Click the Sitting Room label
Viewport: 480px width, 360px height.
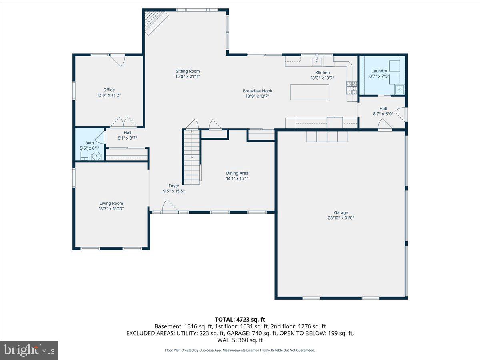[x=188, y=71]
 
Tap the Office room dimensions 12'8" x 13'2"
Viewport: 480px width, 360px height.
[x=109, y=95]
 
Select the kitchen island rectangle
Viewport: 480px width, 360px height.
[x=310, y=92]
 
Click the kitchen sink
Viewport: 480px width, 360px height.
[x=316, y=61]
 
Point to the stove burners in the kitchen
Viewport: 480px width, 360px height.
[x=352, y=88]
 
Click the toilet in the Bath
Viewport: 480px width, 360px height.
[x=84, y=156]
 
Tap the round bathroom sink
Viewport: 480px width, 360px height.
[x=96, y=156]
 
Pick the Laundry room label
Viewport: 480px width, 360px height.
[x=379, y=71]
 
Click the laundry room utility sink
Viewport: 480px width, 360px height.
[x=400, y=90]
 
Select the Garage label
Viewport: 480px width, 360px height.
[x=341, y=212]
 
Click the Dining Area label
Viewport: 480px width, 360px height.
[x=237, y=173]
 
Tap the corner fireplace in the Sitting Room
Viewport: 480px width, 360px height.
[x=156, y=22]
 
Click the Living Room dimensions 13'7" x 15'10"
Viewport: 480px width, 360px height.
[x=111, y=209]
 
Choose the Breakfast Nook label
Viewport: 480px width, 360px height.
[x=257, y=91]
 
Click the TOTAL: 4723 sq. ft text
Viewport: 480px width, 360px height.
[x=240, y=320]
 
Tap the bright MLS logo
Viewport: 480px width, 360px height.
[x=29, y=350]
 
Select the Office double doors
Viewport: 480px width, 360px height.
[x=124, y=122]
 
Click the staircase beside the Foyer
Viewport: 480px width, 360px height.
[x=192, y=157]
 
